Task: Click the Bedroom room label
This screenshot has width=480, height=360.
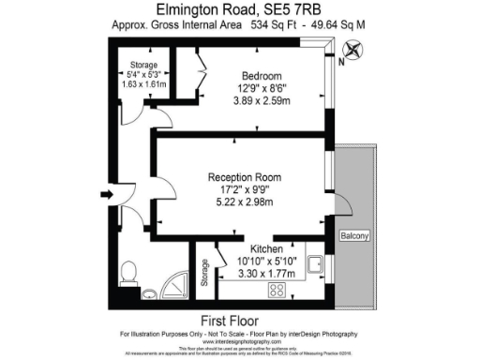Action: pos(262,75)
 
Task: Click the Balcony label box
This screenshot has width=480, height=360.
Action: pos(356,235)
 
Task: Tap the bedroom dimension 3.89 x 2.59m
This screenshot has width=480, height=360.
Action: pos(262,103)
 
